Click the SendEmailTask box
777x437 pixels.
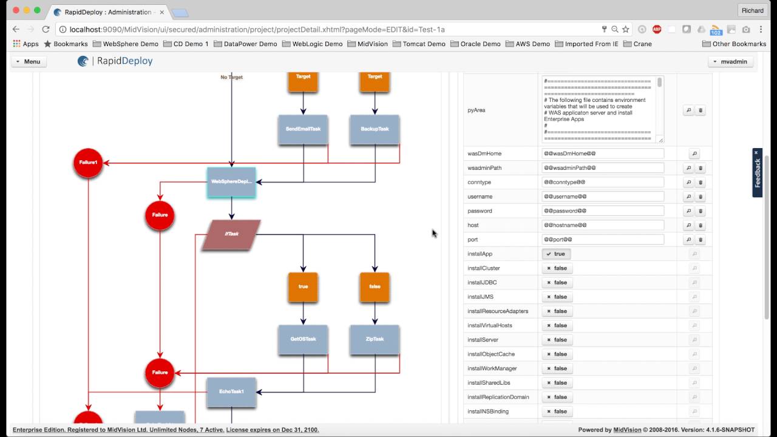click(x=303, y=129)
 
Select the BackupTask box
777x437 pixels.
click(x=375, y=129)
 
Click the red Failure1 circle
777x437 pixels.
click(x=88, y=163)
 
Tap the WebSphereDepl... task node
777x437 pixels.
click(x=231, y=182)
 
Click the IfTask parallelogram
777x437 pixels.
click(x=231, y=234)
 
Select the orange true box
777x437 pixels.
click(x=303, y=286)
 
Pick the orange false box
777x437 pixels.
click(x=375, y=286)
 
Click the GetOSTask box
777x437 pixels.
click(x=303, y=339)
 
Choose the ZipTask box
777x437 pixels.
click(x=375, y=339)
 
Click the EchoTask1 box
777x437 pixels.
click(x=231, y=392)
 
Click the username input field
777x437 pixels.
click(x=603, y=197)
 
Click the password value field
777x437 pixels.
click(x=603, y=211)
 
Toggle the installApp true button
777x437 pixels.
click(x=556, y=254)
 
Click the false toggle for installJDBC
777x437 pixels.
click(x=557, y=282)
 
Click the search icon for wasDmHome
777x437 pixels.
click(x=695, y=154)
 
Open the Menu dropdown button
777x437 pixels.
click(x=29, y=61)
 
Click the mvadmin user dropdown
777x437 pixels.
click(x=730, y=61)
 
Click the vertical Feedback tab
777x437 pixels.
click(x=757, y=174)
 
